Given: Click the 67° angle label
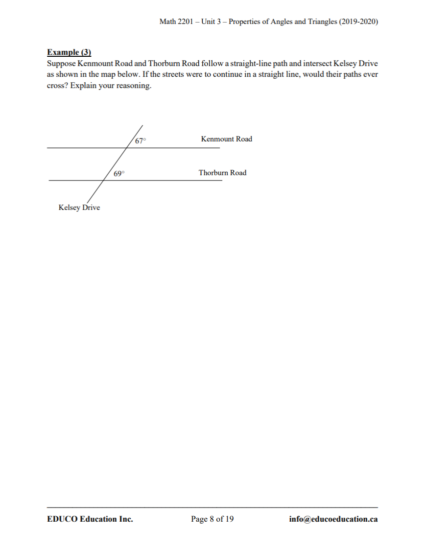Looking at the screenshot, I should [141, 141].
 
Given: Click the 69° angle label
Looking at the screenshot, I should [119, 174].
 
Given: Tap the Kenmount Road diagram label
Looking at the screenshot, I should [226, 139].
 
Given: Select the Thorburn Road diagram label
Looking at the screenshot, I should [222, 173].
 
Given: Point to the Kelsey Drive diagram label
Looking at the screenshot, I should [79, 207].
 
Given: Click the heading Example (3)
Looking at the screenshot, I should [69, 52].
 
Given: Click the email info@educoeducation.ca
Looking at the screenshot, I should [333, 519].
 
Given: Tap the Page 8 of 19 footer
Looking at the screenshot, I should [212, 519].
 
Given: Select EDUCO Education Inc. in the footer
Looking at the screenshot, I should [90, 519].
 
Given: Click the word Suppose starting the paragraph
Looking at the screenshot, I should [61, 64].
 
